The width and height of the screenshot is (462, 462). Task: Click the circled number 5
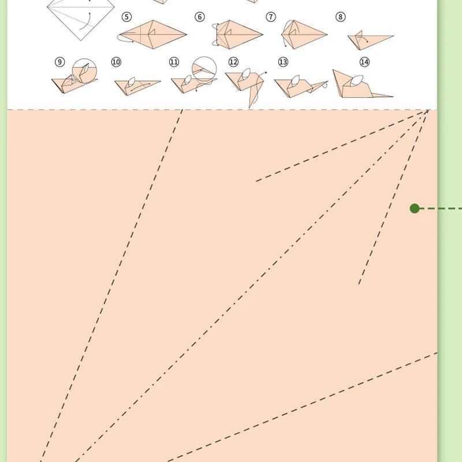point(126,17)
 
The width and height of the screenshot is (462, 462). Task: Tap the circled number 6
point(200,17)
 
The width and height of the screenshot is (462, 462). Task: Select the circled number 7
point(271,17)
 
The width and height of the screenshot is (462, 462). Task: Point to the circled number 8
point(341,17)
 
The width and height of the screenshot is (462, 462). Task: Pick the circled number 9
point(59,62)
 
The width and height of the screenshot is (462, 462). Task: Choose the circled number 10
point(116,62)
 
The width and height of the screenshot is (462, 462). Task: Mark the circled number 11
point(174,62)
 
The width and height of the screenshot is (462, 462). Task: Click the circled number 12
point(233,62)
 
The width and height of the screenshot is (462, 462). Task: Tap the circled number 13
point(283,62)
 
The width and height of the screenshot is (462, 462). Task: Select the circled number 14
point(364,62)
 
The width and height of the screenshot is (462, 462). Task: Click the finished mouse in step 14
point(358,85)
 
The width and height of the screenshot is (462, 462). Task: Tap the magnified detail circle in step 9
point(85,70)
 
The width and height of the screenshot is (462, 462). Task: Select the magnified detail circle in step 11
point(204,68)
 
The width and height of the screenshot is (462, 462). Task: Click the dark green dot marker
point(415,208)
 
